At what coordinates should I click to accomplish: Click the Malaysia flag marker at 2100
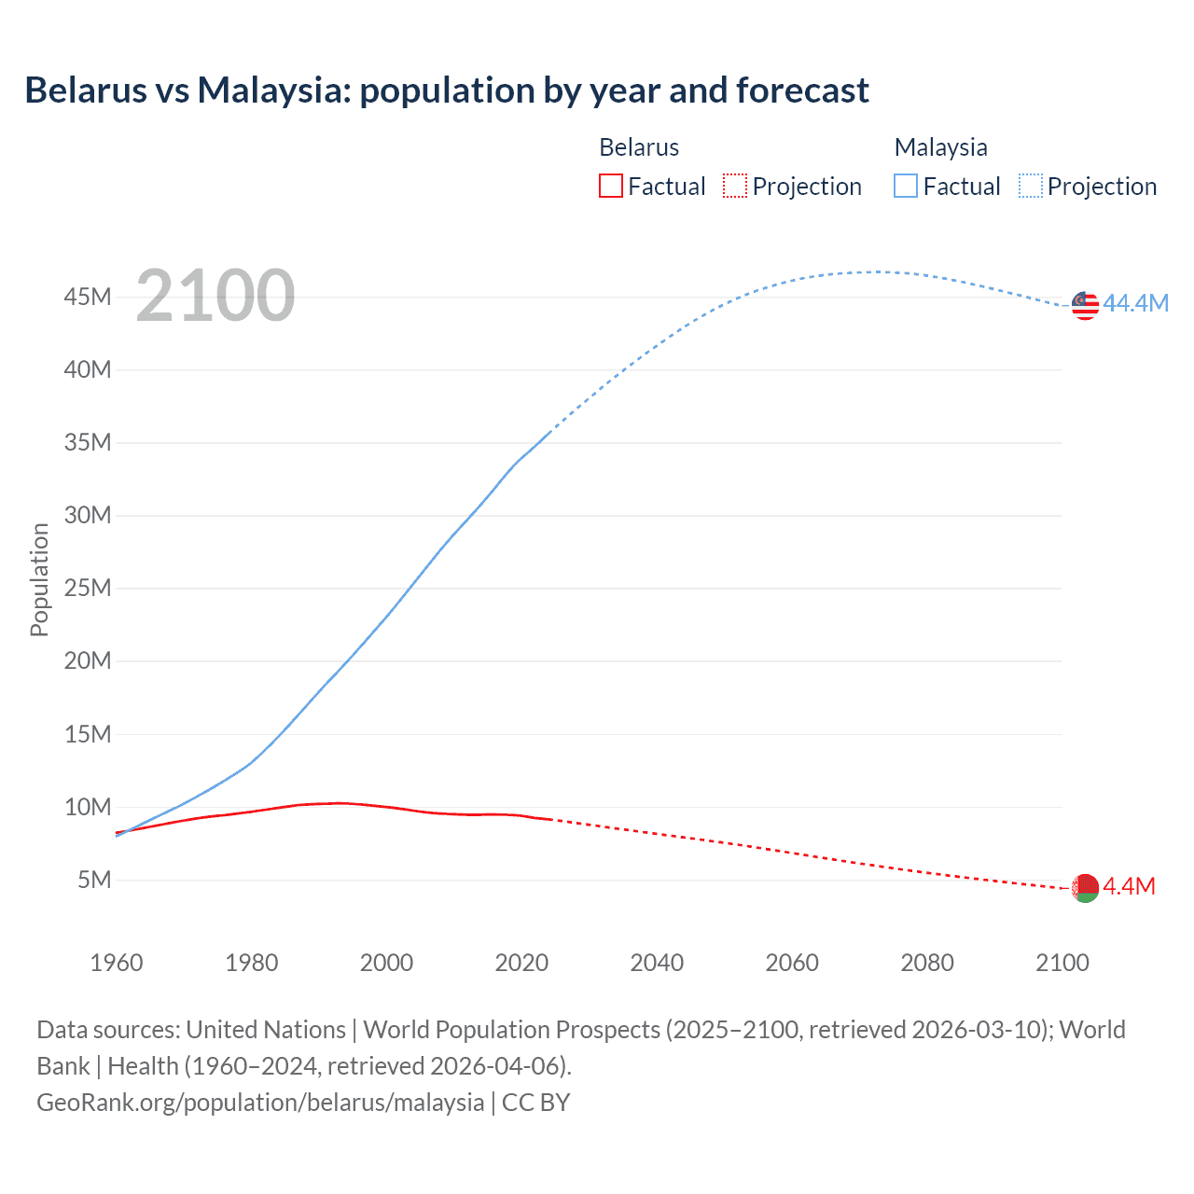click(x=1085, y=305)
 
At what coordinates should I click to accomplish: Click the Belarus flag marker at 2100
click(x=1085, y=888)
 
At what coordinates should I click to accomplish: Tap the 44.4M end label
click(x=1135, y=303)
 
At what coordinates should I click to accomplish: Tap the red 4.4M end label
click(x=1129, y=886)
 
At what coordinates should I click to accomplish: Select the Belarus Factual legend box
click(x=610, y=187)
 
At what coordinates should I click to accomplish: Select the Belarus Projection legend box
click(x=735, y=187)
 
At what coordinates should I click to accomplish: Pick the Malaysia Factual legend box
click(x=905, y=187)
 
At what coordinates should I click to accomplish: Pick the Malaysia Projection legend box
click(x=1030, y=187)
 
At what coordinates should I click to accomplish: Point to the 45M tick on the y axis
click(x=88, y=297)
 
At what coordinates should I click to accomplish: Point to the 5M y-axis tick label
click(x=94, y=880)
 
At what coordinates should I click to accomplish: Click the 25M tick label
click(x=88, y=589)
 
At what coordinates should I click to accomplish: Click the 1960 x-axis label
click(x=117, y=963)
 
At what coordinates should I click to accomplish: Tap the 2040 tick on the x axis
click(x=657, y=963)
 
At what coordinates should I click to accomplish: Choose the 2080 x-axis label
click(x=927, y=963)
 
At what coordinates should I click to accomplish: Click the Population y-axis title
click(x=39, y=579)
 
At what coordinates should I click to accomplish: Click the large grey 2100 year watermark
click(x=215, y=296)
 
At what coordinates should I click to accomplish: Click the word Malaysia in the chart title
click(x=272, y=90)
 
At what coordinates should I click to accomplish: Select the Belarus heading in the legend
click(x=639, y=147)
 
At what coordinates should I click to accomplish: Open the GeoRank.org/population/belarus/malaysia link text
click(x=260, y=1103)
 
